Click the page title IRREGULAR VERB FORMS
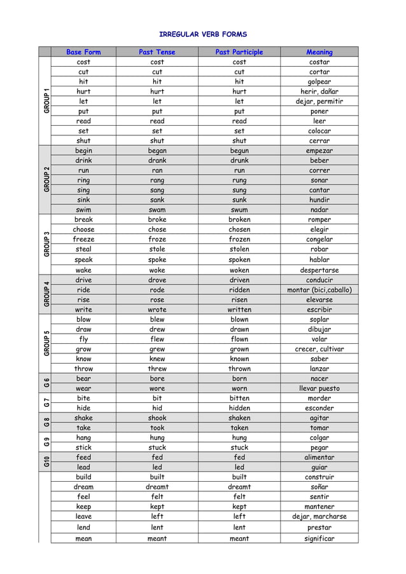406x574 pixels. click(x=202, y=34)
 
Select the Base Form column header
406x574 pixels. click(x=83, y=52)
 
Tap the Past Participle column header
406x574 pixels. click(x=239, y=52)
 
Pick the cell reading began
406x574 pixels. click(x=157, y=151)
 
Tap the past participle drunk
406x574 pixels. click(x=239, y=161)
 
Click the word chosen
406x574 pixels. click(x=239, y=229)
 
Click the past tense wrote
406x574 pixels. click(x=157, y=310)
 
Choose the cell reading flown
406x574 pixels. click(x=239, y=339)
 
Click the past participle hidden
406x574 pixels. click(x=239, y=408)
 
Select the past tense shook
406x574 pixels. click(x=157, y=418)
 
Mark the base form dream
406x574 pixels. click(x=83, y=487)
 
